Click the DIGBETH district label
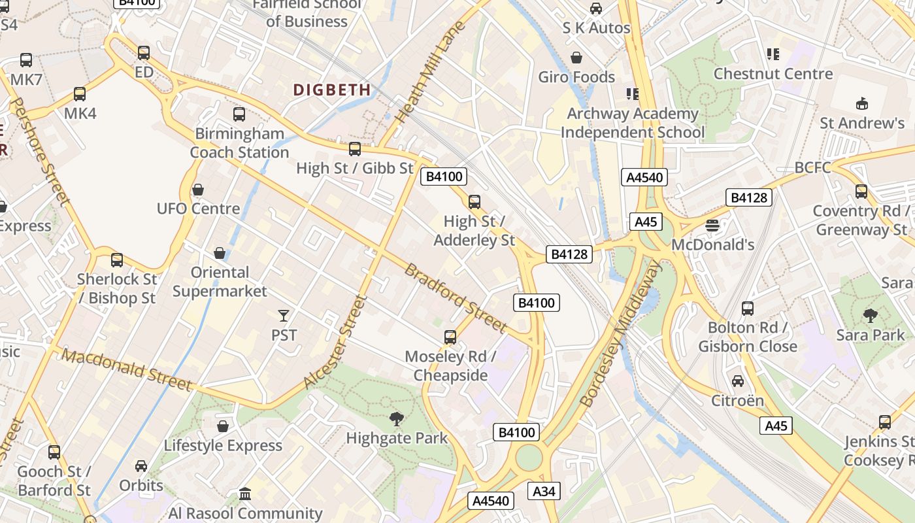click(332, 90)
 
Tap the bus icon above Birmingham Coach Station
click(239, 114)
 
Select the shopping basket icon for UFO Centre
click(198, 190)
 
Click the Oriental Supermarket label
click(220, 282)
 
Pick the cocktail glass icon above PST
click(284, 316)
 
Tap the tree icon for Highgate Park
click(396, 419)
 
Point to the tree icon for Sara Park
click(870, 316)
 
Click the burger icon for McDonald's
click(712, 226)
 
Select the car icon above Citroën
click(738, 381)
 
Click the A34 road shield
click(544, 492)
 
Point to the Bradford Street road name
click(456, 297)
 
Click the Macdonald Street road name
click(127, 370)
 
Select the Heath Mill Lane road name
click(431, 71)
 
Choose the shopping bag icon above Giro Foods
click(576, 58)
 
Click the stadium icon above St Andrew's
click(862, 103)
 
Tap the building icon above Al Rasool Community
click(245, 494)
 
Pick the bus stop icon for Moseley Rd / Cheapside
click(450, 337)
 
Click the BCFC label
click(812, 168)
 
